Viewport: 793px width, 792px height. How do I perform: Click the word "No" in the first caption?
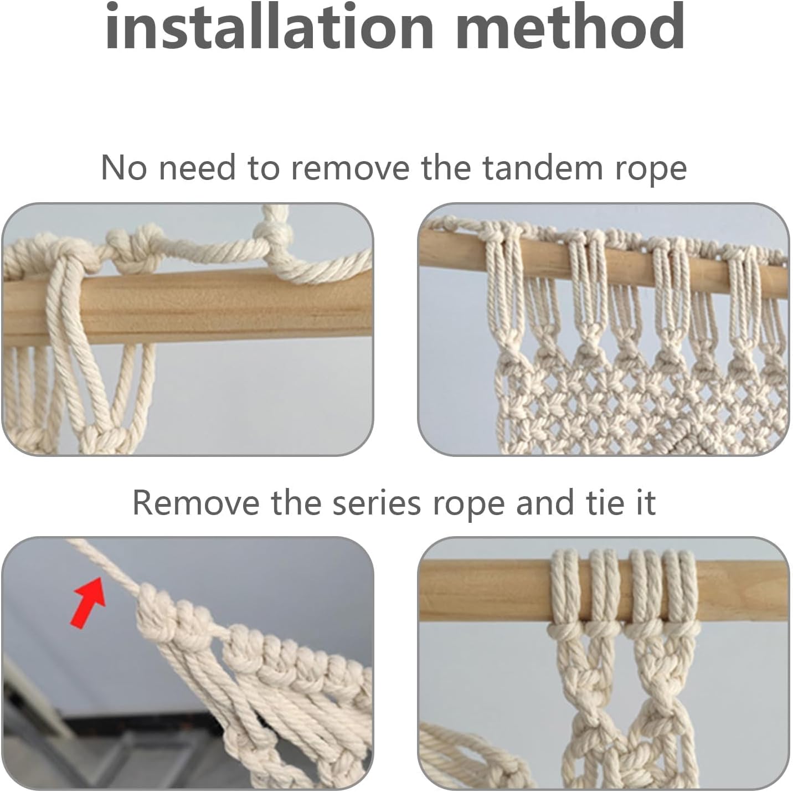click(x=124, y=167)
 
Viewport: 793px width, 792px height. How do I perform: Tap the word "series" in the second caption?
click(x=377, y=503)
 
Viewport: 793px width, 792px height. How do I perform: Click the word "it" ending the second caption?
click(x=646, y=503)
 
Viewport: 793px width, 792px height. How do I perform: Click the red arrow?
click(x=89, y=604)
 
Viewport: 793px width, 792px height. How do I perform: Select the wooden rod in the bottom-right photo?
click(x=604, y=591)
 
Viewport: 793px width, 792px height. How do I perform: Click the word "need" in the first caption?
click(x=197, y=167)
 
